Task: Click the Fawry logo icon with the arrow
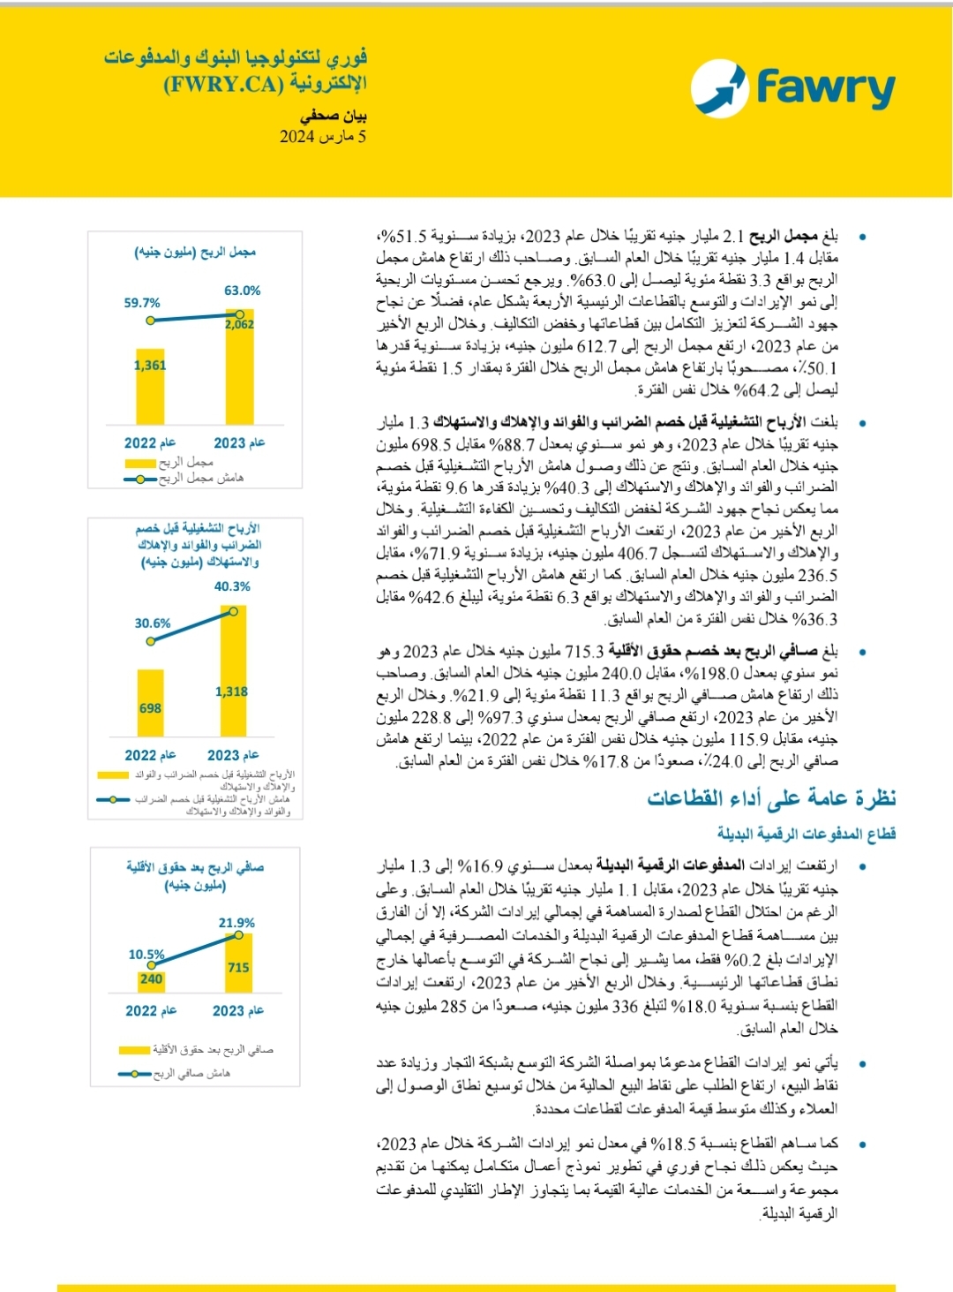click(x=719, y=87)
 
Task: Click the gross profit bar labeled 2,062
click(x=239, y=366)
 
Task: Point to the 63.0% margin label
click(x=242, y=291)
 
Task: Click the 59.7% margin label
click(x=142, y=303)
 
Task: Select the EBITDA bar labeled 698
click(x=150, y=703)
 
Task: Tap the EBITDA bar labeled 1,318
click(x=233, y=671)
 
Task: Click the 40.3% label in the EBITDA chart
click(x=232, y=586)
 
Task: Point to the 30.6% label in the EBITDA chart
click(x=153, y=623)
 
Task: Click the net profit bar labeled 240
click(x=151, y=978)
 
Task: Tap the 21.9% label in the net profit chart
click(x=236, y=923)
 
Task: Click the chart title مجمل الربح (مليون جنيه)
click(x=195, y=252)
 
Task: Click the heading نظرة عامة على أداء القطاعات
click(x=771, y=798)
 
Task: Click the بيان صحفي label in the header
click(x=333, y=116)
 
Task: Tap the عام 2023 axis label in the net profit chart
click(x=237, y=1010)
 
